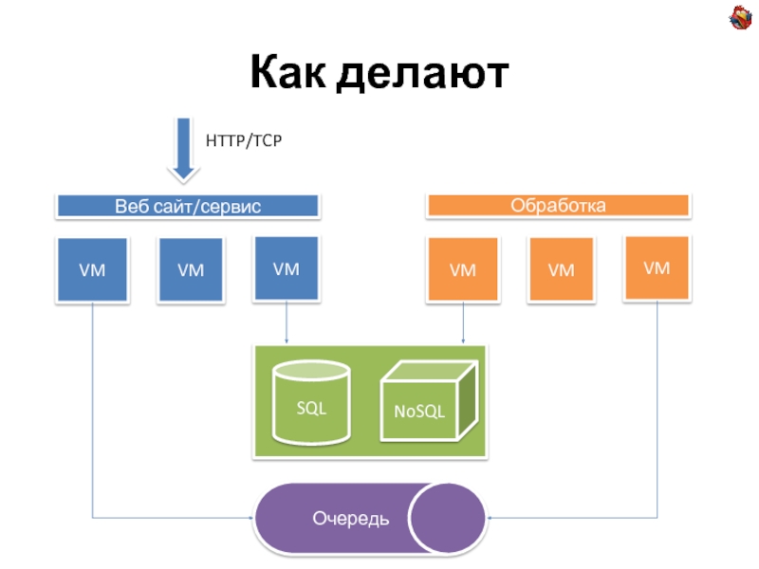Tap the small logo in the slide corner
click(739, 17)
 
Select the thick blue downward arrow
click(184, 149)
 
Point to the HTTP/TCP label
click(244, 140)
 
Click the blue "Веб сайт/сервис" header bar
click(188, 206)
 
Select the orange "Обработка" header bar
click(558, 205)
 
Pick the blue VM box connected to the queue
click(92, 270)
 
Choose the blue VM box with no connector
click(191, 270)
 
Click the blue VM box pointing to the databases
click(287, 269)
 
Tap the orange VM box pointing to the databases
click(462, 270)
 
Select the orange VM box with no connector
click(561, 270)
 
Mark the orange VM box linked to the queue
click(657, 268)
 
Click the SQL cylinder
click(310, 404)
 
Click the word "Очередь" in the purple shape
click(350, 518)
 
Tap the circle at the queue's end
click(448, 518)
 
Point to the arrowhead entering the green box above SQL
click(287, 340)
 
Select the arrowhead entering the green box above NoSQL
click(462, 340)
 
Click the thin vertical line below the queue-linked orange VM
click(657, 408)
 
